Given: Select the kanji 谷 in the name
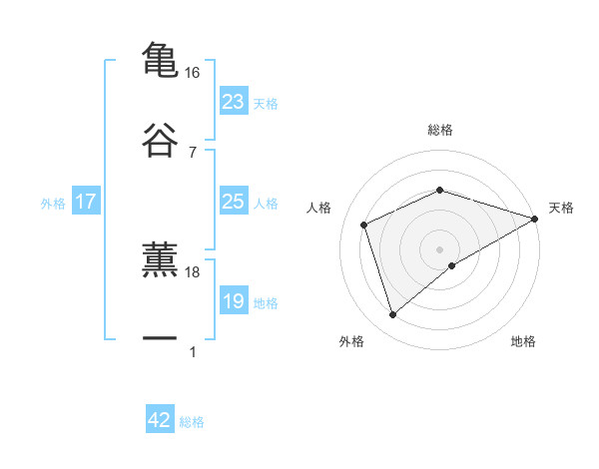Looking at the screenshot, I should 161,141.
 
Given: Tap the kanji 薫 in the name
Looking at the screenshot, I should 161,258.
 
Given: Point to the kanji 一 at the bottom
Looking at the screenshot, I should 161,339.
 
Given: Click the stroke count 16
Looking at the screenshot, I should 193,73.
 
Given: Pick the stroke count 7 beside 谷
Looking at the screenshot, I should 193,153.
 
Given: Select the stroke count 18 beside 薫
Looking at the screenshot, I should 193,271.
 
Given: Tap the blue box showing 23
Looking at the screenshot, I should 233,102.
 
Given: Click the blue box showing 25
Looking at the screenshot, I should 233,202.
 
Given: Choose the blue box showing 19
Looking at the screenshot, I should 233,301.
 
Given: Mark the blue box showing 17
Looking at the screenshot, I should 85,202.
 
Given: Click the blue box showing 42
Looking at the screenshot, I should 160,420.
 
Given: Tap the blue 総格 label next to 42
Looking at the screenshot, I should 192,422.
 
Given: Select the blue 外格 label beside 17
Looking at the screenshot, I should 53,204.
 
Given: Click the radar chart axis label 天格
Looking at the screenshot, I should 561,208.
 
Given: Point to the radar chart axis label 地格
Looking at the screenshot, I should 523,341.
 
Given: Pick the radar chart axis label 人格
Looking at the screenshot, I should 319,208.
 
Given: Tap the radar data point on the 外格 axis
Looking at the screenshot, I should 392,315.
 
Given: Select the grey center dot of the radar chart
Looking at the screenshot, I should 440,248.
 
